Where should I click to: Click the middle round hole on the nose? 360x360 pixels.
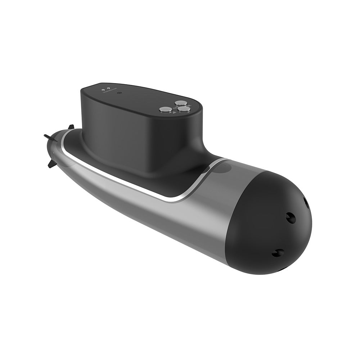tap(290, 217)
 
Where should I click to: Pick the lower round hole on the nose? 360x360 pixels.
tap(278, 252)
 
